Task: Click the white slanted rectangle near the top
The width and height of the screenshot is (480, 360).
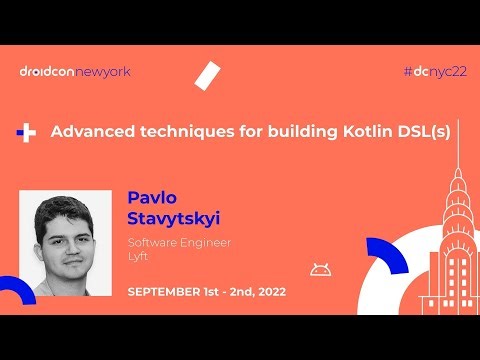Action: click(209, 75)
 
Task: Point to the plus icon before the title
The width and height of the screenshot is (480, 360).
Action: click(28, 133)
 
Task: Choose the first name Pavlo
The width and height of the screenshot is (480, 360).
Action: click(150, 194)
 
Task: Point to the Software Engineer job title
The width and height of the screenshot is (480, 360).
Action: click(179, 243)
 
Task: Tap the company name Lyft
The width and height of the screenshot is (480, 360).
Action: click(138, 258)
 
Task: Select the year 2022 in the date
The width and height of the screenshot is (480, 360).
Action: click(269, 292)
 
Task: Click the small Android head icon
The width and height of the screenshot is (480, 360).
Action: click(320, 268)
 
